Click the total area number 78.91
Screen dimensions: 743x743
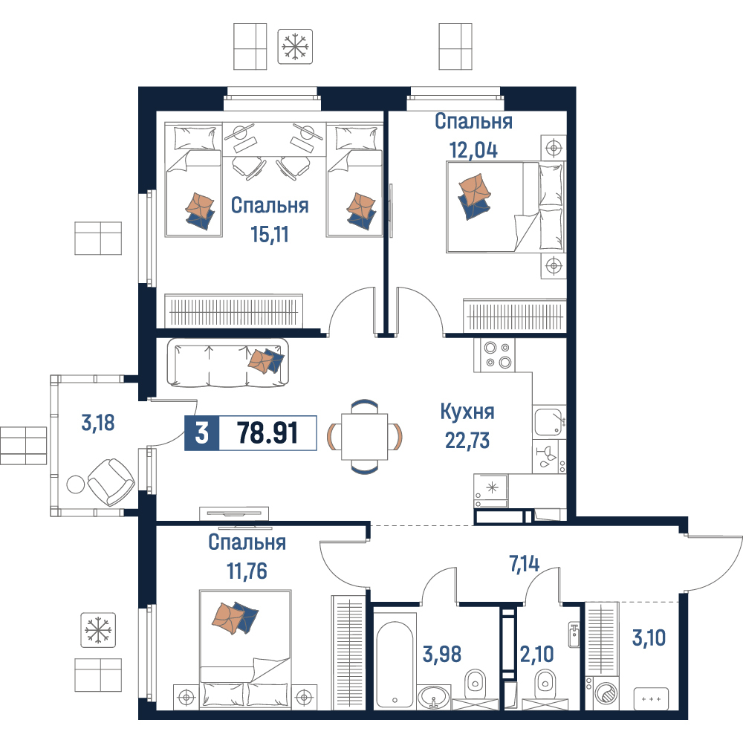[267, 432]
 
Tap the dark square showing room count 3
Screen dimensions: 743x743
[202, 432]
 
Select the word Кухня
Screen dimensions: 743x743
[467, 412]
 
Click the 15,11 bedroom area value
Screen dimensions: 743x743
[270, 234]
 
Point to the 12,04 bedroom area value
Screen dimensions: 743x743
[473, 150]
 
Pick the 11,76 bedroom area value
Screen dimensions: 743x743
[247, 571]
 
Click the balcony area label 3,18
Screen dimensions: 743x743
[98, 423]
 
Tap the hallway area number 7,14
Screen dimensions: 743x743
[524, 564]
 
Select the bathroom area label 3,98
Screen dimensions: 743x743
[441, 654]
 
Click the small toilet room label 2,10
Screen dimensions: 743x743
[537, 654]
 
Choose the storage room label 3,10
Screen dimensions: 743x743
[649, 637]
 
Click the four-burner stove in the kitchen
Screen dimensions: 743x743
[494, 355]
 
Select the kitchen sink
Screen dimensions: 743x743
[550, 421]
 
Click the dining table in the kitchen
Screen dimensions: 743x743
[364, 436]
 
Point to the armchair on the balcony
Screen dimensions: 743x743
[111, 482]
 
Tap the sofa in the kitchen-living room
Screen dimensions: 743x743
[227, 362]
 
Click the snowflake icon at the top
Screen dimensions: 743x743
[295, 46]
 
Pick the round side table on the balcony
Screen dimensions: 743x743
[76, 484]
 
